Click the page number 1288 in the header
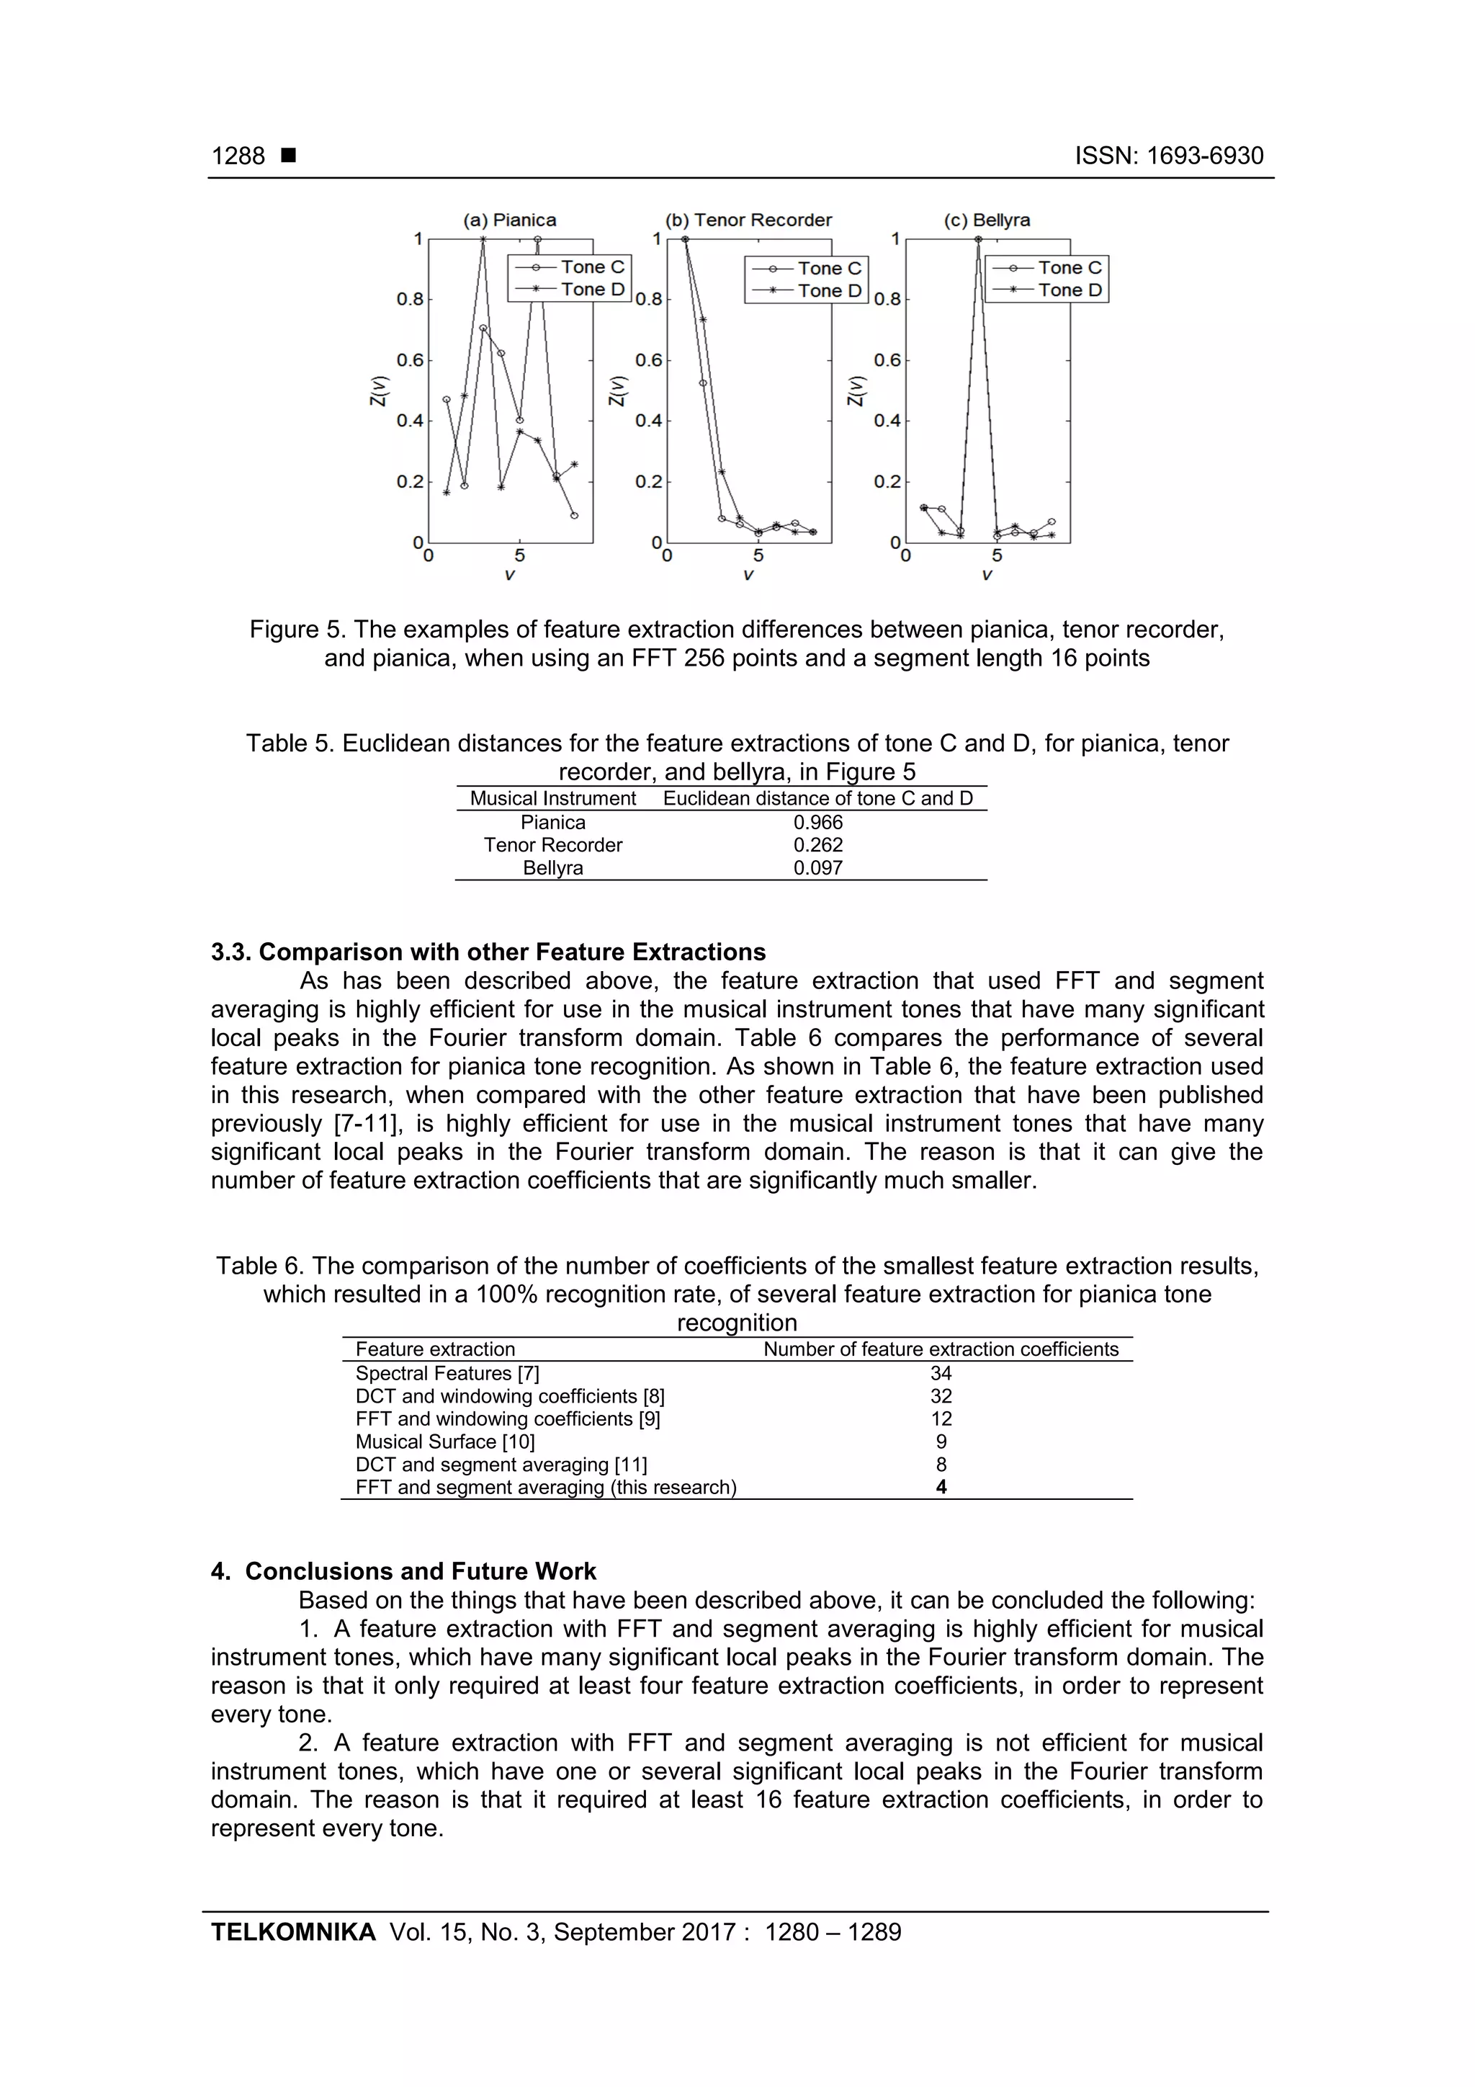pyautogui.click(x=238, y=156)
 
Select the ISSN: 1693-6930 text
pyautogui.click(x=1169, y=156)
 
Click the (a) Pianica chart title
pyautogui.click(x=510, y=220)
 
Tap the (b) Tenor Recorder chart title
pyautogui.click(x=749, y=220)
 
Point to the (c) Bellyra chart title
pyautogui.click(x=987, y=220)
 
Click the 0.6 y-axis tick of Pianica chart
pyautogui.click(x=410, y=360)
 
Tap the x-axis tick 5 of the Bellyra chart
pyautogui.click(x=997, y=555)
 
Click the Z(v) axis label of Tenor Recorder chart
pyautogui.click(x=618, y=391)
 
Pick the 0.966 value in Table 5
pyautogui.click(x=818, y=823)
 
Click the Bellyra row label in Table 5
pyautogui.click(x=552, y=868)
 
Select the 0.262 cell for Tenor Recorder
pyautogui.click(x=818, y=845)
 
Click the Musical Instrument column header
pyautogui.click(x=552, y=798)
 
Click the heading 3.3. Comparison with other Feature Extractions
pyautogui.click(x=488, y=952)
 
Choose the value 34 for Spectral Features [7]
pyautogui.click(x=941, y=1374)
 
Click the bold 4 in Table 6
pyautogui.click(x=941, y=1487)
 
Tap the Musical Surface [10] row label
pyautogui.click(x=445, y=1442)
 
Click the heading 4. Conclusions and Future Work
pyautogui.click(x=403, y=1572)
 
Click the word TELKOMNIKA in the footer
pyautogui.click(x=292, y=1933)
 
